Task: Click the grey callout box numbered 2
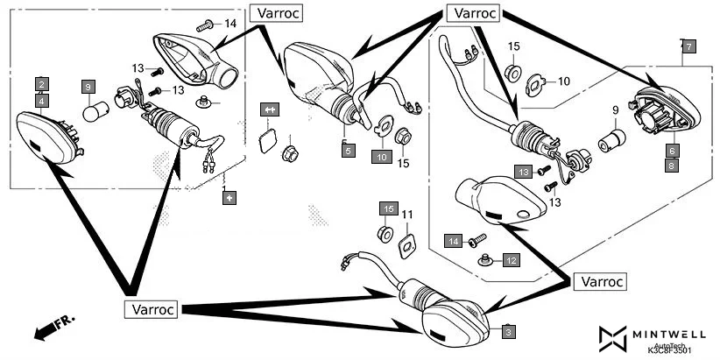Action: coord(41,85)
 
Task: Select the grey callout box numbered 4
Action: coord(41,101)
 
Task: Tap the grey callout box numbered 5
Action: coord(348,151)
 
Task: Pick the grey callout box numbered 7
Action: coord(688,46)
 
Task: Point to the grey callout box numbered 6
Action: coord(672,150)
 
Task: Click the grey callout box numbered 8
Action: coord(672,165)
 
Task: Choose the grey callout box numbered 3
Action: coord(510,331)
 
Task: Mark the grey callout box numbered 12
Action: coord(511,260)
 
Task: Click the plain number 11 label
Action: coord(406,214)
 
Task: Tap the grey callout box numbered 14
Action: coord(454,240)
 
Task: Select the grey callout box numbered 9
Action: coord(88,87)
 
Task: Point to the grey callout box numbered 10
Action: coord(381,157)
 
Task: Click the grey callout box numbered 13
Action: coord(523,171)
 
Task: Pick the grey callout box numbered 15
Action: coord(388,208)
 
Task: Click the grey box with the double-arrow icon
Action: coord(269,109)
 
